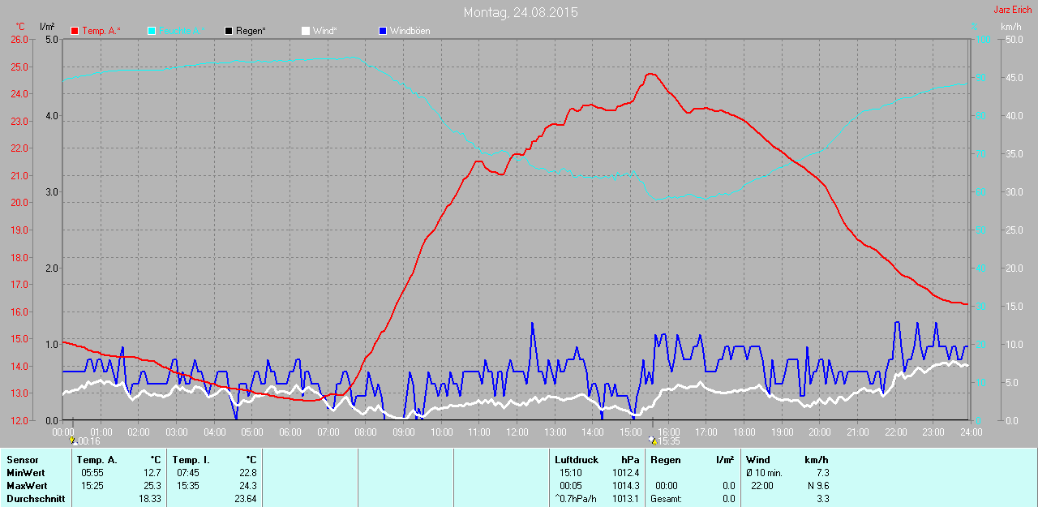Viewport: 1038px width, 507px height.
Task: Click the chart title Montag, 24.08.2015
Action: coord(521,12)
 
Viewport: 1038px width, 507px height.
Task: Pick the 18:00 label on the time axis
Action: coord(744,432)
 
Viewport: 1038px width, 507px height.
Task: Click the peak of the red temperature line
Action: coord(650,74)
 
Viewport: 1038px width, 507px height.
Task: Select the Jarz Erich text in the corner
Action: coord(1013,10)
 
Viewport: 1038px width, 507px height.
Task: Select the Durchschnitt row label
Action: coord(36,499)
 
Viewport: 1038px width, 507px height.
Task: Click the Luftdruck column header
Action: coord(577,460)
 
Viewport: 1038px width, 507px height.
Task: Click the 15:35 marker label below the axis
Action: coord(667,441)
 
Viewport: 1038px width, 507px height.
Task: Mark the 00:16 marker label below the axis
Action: coord(88,441)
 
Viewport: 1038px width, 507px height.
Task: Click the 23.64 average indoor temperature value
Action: coord(244,499)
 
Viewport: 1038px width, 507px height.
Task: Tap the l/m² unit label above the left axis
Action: coord(46,28)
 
